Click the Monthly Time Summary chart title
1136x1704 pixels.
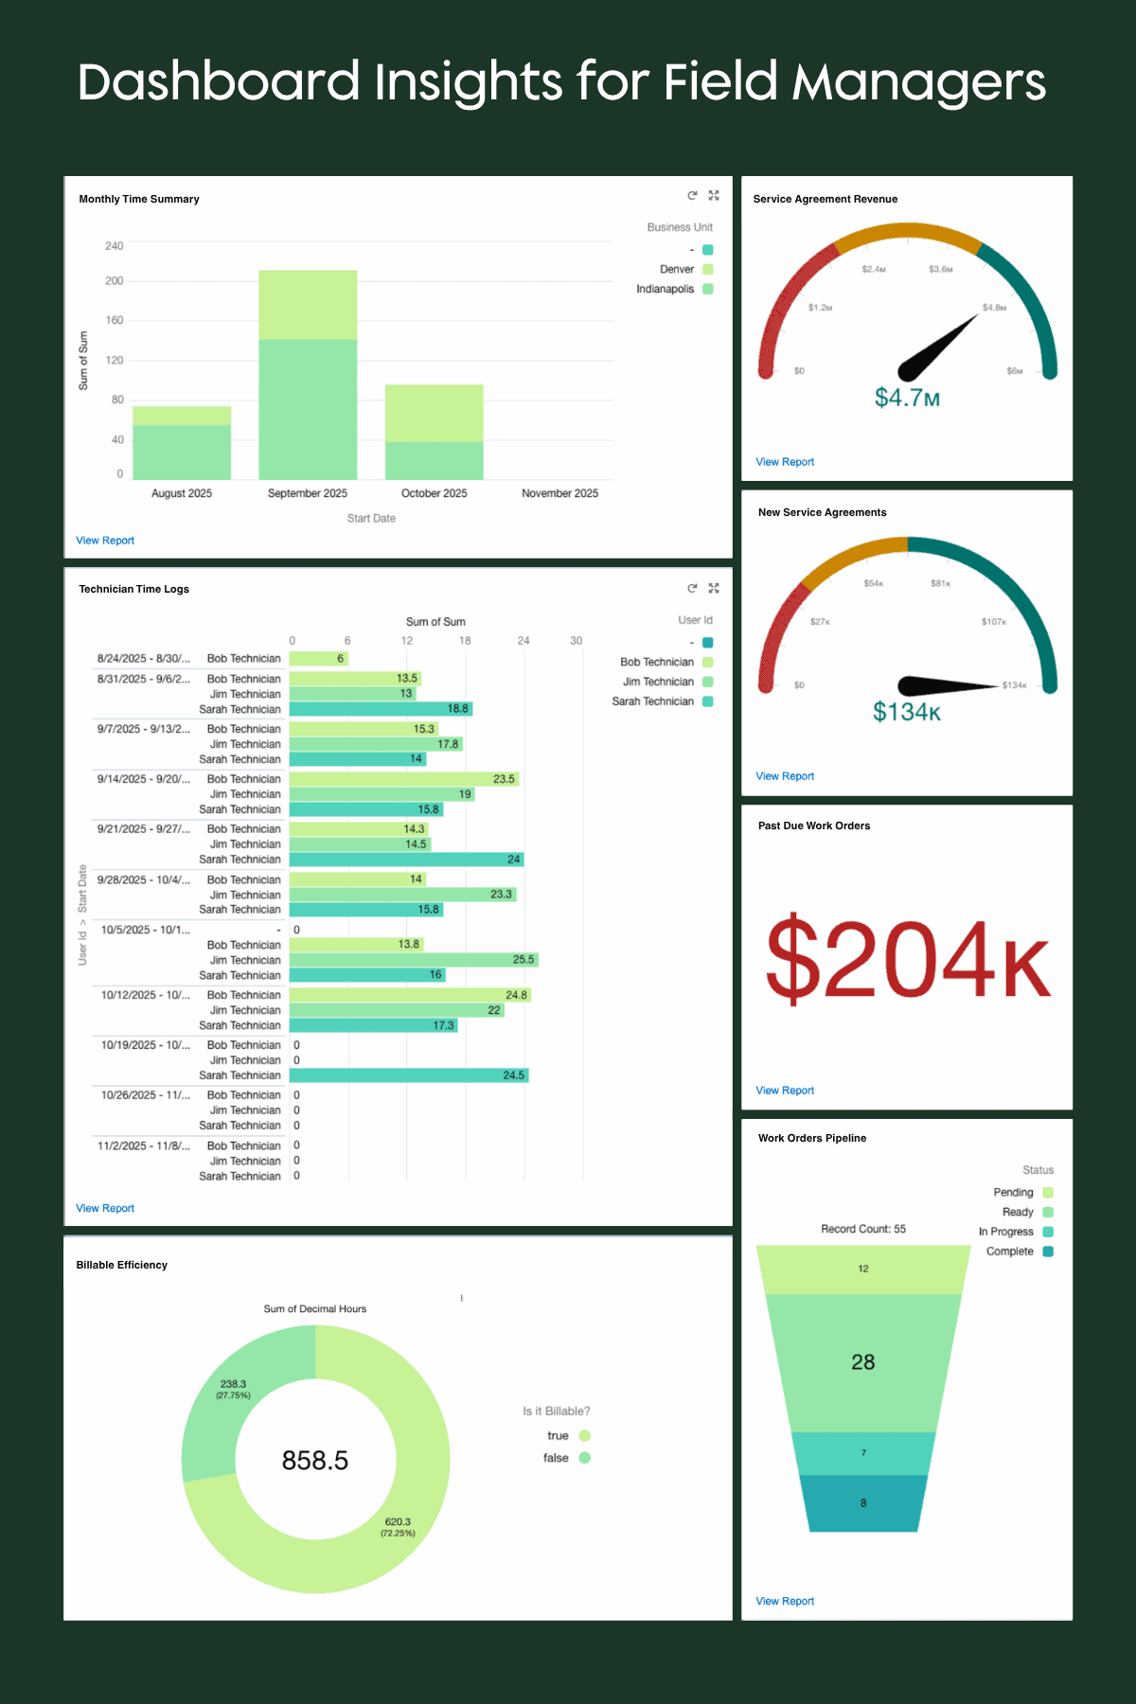[139, 199]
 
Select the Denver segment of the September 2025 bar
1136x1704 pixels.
[308, 305]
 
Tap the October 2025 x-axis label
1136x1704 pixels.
[434, 493]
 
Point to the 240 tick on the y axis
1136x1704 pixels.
[114, 246]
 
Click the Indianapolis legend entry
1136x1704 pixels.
[666, 289]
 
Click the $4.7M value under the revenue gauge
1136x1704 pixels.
[907, 398]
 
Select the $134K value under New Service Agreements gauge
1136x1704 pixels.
[907, 712]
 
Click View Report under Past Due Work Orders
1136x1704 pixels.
[785, 1091]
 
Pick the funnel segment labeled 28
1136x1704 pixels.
[862, 1362]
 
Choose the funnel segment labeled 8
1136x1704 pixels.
[862, 1502]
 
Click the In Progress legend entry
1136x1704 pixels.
[1006, 1232]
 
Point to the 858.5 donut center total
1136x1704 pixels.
[315, 1461]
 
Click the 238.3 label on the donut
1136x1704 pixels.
[233, 1384]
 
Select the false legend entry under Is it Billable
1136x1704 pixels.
[557, 1458]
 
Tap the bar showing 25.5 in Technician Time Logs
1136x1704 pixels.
[414, 960]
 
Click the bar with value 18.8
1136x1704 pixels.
[381, 709]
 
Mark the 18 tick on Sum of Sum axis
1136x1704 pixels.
[465, 641]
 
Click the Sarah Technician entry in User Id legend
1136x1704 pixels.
[653, 701]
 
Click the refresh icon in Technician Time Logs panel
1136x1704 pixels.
[692, 589]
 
